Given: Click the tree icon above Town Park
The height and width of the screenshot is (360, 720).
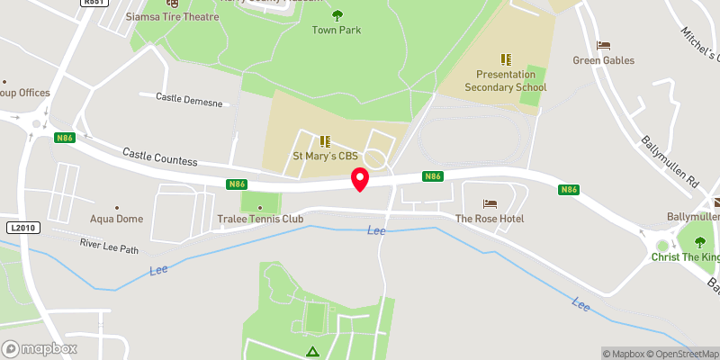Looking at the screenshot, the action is (337, 14).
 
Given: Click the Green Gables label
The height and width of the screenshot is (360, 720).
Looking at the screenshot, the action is (603, 60).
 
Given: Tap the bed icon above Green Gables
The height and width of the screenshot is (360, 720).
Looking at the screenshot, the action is (603, 45).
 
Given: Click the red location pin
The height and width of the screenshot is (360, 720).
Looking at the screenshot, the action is (360, 178).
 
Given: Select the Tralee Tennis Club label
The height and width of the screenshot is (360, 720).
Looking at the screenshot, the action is (261, 219).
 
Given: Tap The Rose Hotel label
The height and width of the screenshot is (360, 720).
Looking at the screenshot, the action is (489, 219).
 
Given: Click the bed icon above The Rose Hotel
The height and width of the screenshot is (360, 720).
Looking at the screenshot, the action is (490, 203).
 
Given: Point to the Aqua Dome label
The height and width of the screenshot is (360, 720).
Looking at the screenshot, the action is (116, 219).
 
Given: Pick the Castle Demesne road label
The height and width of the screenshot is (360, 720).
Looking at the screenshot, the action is (187, 97).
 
